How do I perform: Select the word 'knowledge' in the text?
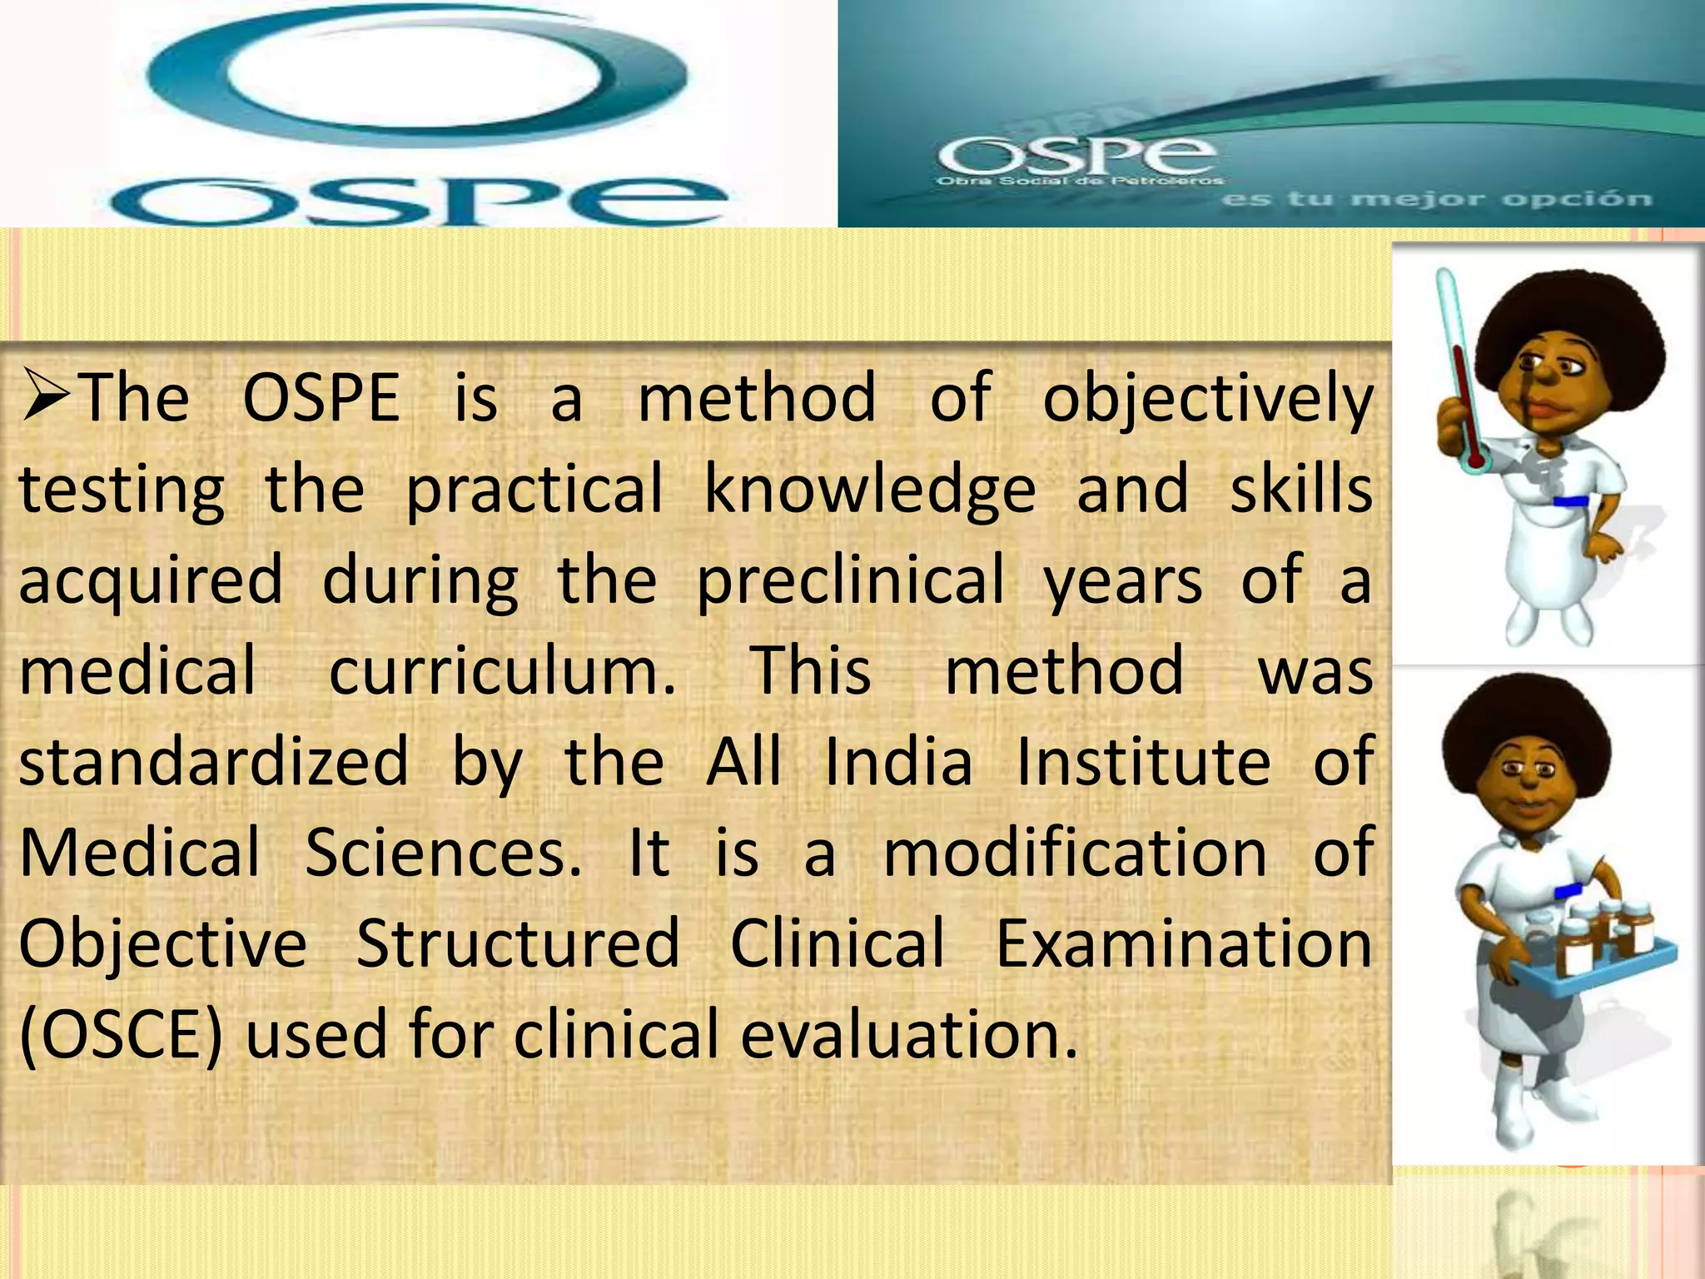click(x=870, y=490)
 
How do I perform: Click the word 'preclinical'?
click(x=850, y=581)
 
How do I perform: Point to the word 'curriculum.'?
click(x=503, y=671)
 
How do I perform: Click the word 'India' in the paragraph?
click(x=898, y=761)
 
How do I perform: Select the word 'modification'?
click(x=1075, y=853)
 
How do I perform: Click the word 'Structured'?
click(x=518, y=944)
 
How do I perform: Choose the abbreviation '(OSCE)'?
click(x=121, y=1036)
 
